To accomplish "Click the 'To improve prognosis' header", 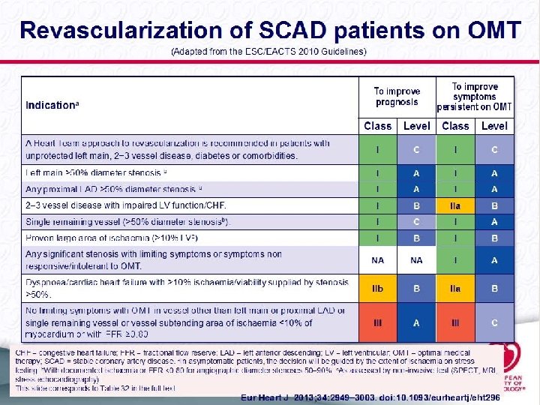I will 397,97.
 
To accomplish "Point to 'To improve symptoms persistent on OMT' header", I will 475,97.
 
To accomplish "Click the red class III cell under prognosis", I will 378,323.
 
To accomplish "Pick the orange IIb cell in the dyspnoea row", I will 378,287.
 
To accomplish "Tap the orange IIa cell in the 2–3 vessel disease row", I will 455,205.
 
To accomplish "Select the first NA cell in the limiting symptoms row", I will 378,260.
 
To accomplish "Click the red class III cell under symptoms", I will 455,323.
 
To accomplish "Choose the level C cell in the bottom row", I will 494,323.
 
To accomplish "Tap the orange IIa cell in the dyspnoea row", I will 455,287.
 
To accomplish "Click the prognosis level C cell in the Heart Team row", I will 416,150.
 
